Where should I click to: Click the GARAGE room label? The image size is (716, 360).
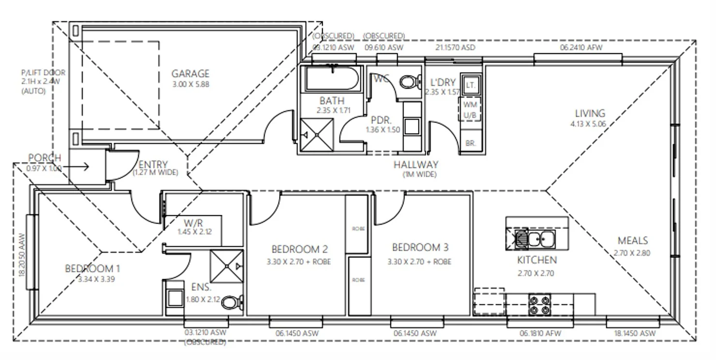click(190, 74)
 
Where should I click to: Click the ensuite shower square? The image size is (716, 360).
click(226, 266)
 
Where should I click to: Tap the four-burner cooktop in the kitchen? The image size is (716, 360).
click(540, 303)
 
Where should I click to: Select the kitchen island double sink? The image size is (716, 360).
click(540, 239)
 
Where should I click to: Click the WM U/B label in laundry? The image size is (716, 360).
click(470, 109)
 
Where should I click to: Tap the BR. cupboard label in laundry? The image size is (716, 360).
click(470, 143)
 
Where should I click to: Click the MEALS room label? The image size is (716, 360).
click(632, 240)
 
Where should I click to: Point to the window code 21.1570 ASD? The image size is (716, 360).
click(455, 47)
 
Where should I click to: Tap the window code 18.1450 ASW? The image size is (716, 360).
click(634, 333)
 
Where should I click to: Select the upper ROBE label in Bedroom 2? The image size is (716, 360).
click(358, 228)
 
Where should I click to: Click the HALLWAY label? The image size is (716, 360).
click(416, 165)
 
